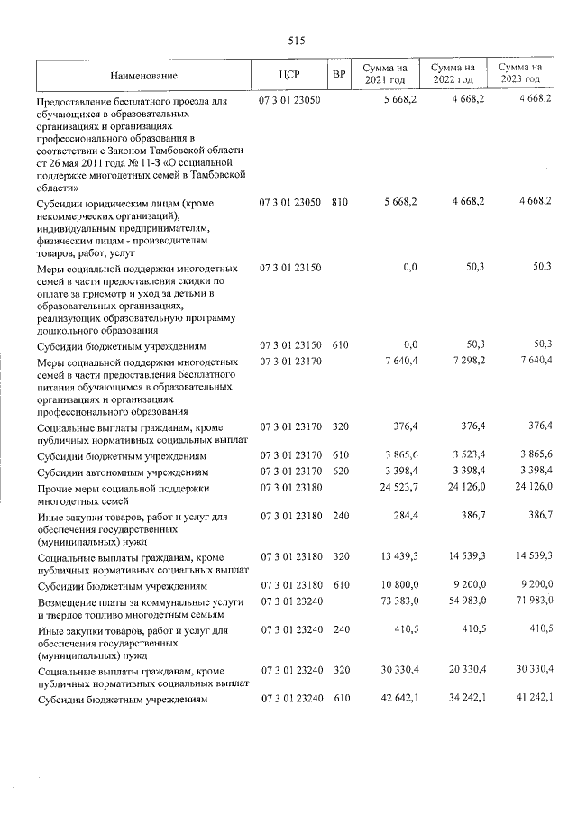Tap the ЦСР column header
(x=289, y=75)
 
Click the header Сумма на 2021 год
(x=385, y=75)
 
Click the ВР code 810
(x=339, y=204)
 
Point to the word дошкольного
(x=68, y=330)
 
